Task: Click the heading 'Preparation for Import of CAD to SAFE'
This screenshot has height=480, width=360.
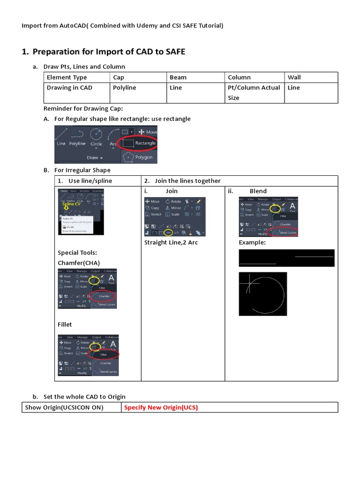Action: pyautogui.click(x=109, y=52)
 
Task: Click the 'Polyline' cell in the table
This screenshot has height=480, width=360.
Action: pyautogui.click(x=125, y=88)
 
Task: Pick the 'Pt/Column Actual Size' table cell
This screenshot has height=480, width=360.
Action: pyautogui.click(x=254, y=92)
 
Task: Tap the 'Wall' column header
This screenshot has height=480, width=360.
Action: pyautogui.click(x=294, y=77)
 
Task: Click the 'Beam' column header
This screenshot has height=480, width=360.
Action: pyautogui.click(x=178, y=77)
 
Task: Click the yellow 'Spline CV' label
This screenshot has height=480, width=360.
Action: pyautogui.click(x=71, y=204)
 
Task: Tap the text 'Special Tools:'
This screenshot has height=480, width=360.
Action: pyautogui.click(x=77, y=253)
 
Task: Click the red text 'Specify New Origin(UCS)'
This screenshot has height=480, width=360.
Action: pyautogui.click(x=161, y=407)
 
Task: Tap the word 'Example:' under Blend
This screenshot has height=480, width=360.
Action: pyautogui.click(x=252, y=242)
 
